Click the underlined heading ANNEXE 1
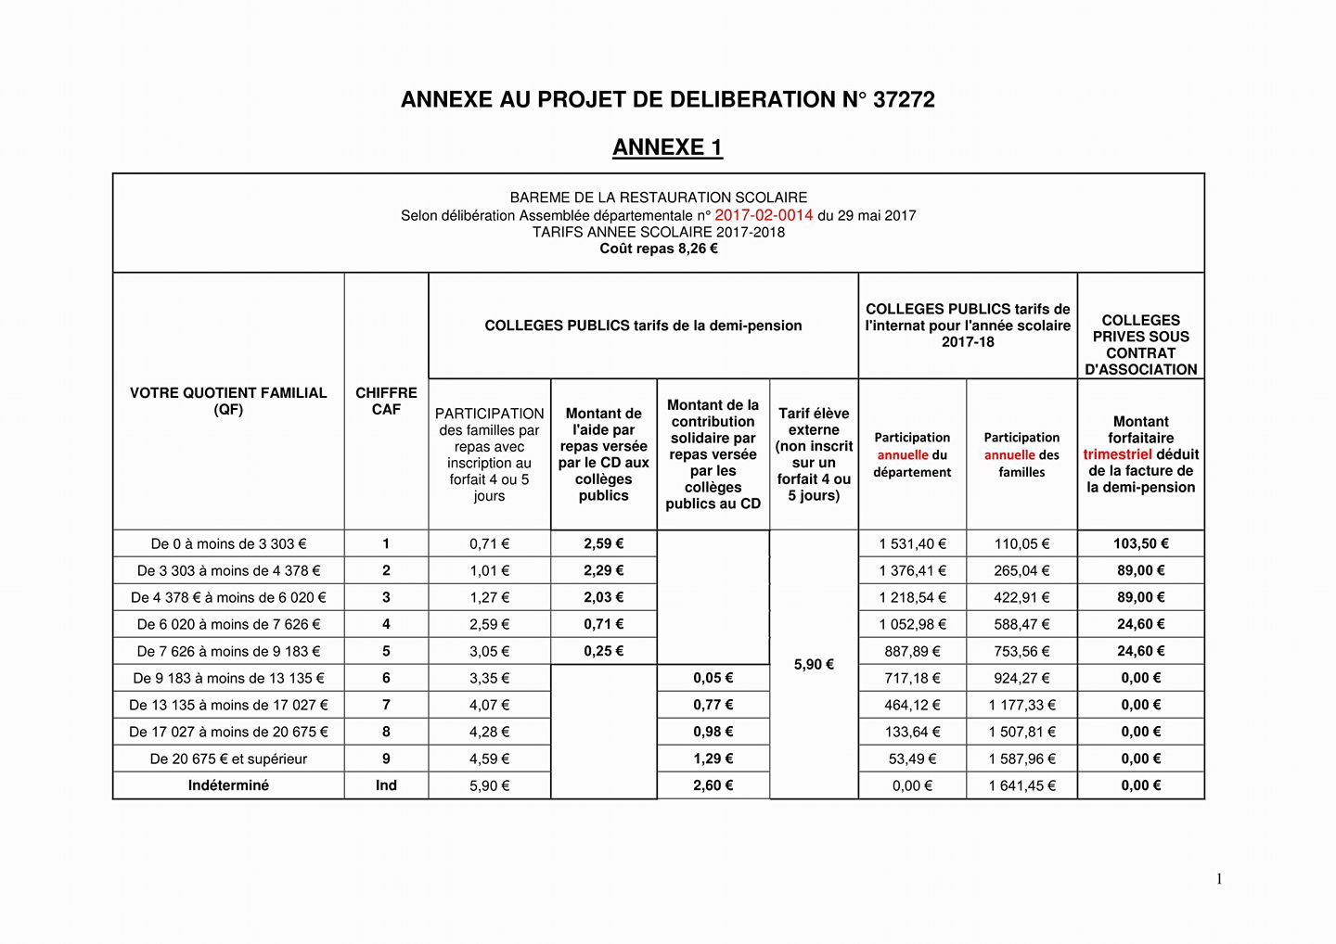[x=667, y=147]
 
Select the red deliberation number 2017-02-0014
[x=764, y=215]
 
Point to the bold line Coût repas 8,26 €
[x=659, y=249]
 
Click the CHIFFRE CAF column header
[x=386, y=401]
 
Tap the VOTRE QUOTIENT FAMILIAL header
[x=228, y=401]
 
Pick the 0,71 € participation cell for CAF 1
[x=489, y=544]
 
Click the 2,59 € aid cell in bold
[x=603, y=544]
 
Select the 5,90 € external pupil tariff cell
[x=814, y=664]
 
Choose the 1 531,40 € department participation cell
[x=912, y=544]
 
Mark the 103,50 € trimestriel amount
[x=1140, y=544]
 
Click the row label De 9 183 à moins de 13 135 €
[x=228, y=678]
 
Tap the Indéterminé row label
[x=228, y=785]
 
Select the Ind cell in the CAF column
[x=386, y=785]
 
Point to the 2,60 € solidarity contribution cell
[x=713, y=785]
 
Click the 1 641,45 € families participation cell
[x=1021, y=785]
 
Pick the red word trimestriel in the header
[x=1117, y=454]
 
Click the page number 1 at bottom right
[x=1219, y=879]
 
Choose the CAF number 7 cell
[x=386, y=705]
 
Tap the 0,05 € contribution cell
[x=713, y=678]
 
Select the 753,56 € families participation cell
[x=1021, y=651]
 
